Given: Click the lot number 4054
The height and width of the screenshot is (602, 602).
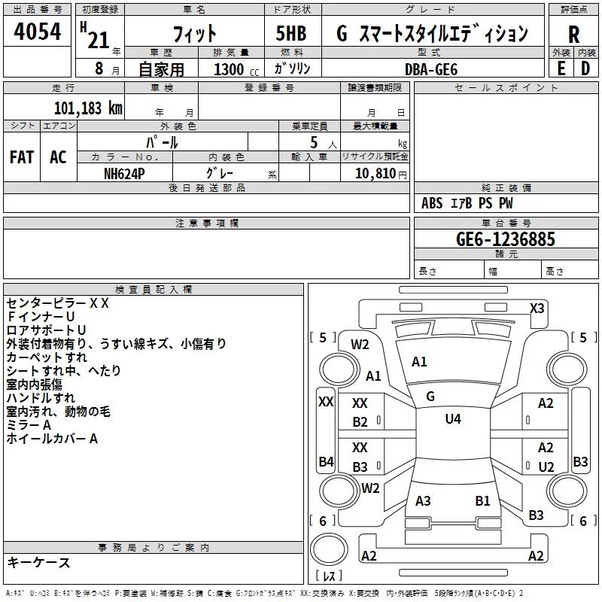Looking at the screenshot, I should coord(37,32).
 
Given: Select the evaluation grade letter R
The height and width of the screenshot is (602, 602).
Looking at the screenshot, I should coord(573,34).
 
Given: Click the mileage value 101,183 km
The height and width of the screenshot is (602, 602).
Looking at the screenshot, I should coord(88,108).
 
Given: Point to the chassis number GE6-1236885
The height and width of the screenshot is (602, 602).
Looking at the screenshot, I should coord(505,239).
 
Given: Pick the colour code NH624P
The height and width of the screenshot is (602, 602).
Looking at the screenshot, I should coord(125,172).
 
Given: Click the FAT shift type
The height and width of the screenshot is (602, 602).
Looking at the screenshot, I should coord(21,157).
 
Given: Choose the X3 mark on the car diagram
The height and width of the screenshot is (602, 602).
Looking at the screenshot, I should coord(537,309).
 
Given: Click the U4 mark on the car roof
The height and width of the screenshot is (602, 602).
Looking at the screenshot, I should coord(452,419).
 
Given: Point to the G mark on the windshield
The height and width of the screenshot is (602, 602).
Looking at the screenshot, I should coord(430,396).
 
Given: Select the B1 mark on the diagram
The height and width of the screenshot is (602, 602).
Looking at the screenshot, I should coord(482,500).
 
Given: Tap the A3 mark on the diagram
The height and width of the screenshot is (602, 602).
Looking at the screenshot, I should coord(423,500).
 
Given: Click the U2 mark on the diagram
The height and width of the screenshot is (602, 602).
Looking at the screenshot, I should coord(546,467).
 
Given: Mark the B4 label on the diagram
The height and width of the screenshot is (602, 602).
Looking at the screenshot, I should coord(326,461).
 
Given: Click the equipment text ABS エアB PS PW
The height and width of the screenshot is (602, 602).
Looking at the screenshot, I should coord(467,203).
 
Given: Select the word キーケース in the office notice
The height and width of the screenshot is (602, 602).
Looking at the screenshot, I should coord(38,562).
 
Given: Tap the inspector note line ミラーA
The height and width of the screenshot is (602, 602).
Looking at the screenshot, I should coord(29,425).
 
